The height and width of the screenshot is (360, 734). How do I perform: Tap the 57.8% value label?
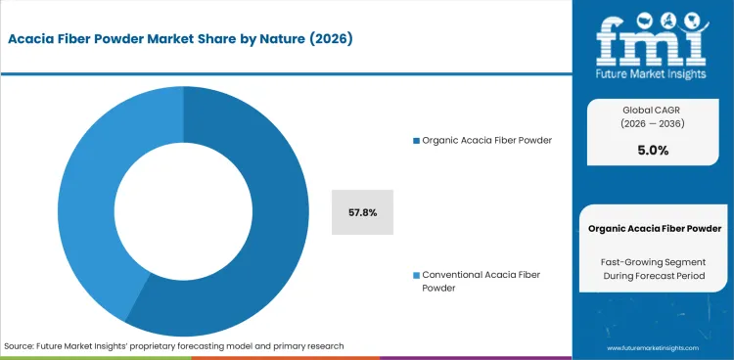tap(362, 212)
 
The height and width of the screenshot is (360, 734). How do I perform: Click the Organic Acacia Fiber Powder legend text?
tap(486, 140)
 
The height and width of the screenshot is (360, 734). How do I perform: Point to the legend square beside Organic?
tap(415, 141)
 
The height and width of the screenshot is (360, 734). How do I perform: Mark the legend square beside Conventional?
tap(415, 274)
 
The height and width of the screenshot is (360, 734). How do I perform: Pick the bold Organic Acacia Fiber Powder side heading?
tap(655, 228)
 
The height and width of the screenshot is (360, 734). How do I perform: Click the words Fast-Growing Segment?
tap(655, 261)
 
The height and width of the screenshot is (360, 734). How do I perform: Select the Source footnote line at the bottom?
tap(174, 346)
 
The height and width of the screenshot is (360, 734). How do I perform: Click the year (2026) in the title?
tap(329, 39)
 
